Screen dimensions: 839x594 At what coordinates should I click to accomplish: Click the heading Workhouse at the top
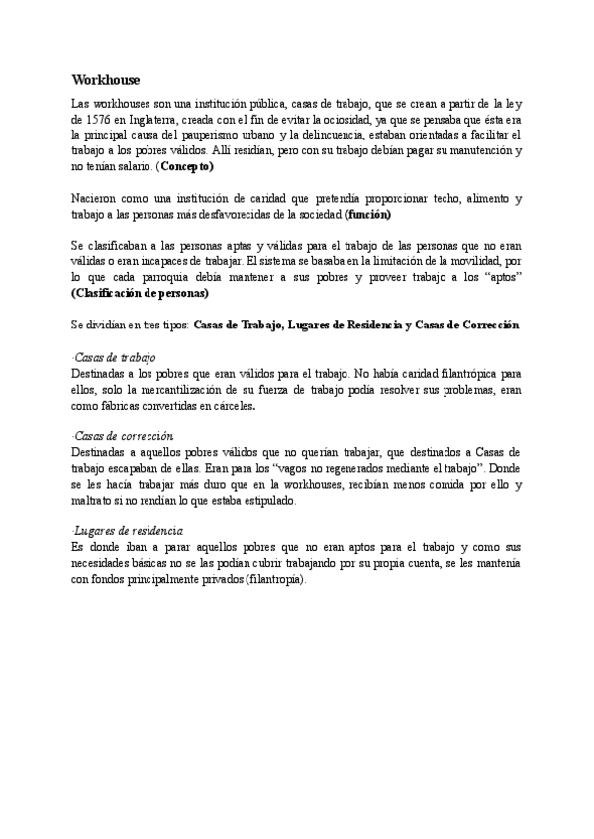(106, 79)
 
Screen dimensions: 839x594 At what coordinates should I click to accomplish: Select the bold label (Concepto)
(188, 167)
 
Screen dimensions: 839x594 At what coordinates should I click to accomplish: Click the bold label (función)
(367, 214)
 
